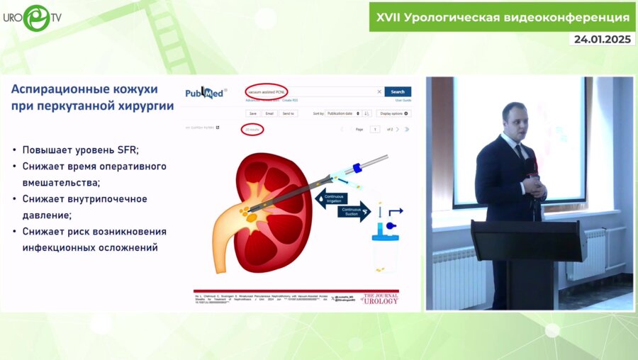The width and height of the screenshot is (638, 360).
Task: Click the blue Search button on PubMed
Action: [398, 91]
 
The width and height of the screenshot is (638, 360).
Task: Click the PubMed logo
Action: [206, 93]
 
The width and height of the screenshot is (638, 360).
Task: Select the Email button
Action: [270, 113]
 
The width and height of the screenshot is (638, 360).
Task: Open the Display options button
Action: [394, 113]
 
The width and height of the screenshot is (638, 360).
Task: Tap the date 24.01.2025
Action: [602, 39]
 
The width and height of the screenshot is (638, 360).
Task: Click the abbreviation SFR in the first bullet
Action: [127, 150]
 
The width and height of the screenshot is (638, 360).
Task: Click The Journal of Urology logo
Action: [381, 298]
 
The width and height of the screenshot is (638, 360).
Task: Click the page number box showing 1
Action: [374, 130]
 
